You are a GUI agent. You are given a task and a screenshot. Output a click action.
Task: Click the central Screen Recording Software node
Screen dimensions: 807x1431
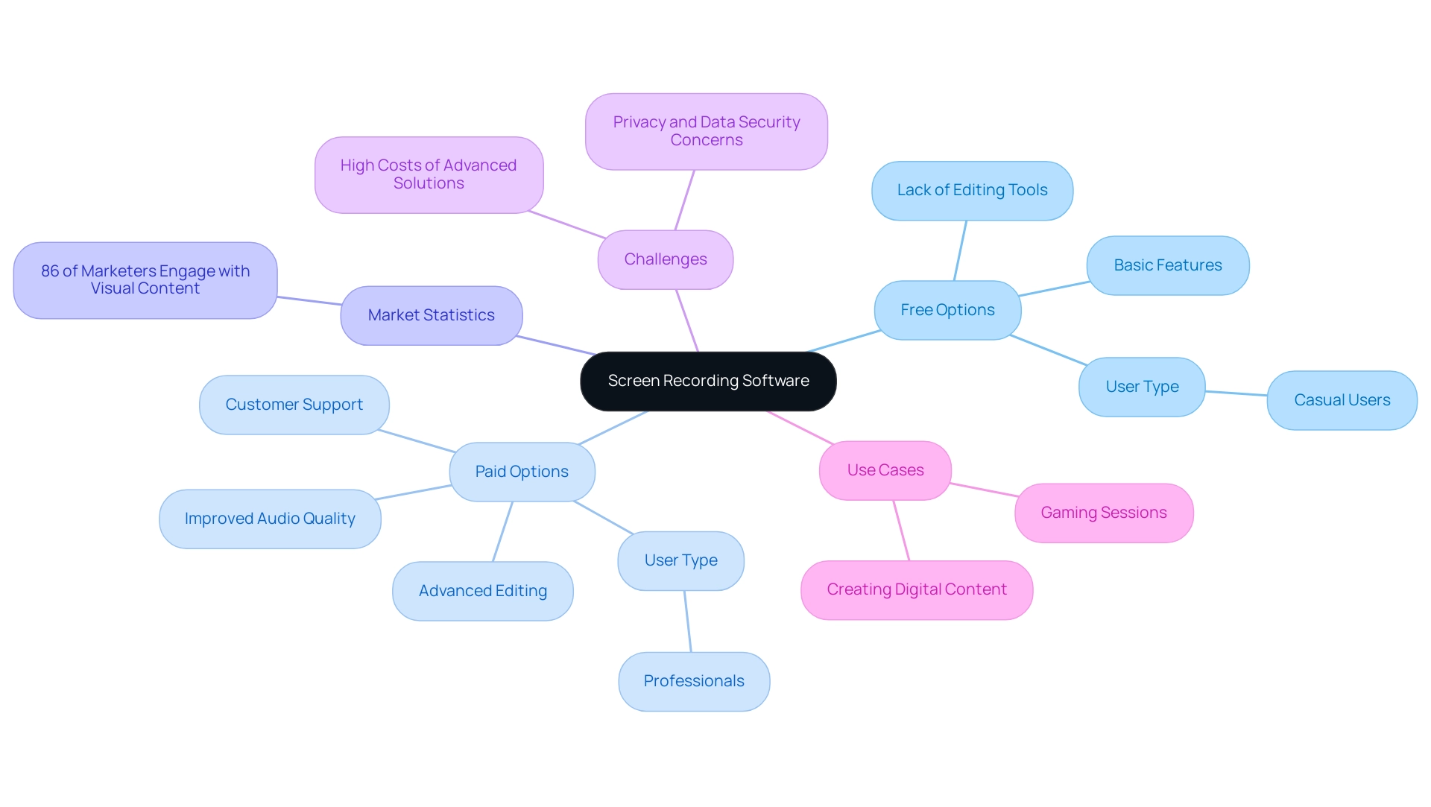click(708, 381)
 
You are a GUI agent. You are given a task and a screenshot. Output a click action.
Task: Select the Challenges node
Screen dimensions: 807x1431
click(666, 259)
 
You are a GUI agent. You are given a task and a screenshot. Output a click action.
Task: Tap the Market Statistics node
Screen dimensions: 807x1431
click(431, 315)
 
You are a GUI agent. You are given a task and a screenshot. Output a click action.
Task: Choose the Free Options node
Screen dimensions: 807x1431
click(947, 310)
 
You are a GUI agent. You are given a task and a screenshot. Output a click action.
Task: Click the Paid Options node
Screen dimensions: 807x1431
click(522, 472)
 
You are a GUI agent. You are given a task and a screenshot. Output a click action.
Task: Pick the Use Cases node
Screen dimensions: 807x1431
click(885, 470)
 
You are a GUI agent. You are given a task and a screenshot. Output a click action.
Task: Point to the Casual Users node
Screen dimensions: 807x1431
click(1342, 400)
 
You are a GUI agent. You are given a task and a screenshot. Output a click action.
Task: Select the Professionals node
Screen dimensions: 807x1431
click(694, 681)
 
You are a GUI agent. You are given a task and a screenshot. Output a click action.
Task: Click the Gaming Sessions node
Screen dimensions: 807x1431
click(1103, 513)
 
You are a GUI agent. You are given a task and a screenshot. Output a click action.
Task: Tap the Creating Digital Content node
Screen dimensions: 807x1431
click(916, 589)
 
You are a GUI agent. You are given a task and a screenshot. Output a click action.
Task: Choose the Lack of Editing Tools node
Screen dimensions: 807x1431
click(972, 190)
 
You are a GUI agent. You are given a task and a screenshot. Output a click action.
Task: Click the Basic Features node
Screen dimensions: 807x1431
click(1167, 265)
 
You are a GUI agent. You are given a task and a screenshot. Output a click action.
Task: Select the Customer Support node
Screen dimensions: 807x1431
click(294, 405)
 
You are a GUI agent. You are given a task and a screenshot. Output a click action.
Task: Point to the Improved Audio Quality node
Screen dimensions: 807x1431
click(270, 519)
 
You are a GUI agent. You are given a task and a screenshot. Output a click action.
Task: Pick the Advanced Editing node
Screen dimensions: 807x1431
click(482, 591)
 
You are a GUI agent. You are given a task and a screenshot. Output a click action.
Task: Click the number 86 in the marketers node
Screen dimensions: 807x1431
click(49, 271)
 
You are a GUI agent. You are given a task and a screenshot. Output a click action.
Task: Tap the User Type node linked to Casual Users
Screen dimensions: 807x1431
click(1142, 387)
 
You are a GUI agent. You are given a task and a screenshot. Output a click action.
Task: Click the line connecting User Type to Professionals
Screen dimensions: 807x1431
click(688, 621)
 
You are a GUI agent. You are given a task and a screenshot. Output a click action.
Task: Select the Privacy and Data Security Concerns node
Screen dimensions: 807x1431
click(706, 131)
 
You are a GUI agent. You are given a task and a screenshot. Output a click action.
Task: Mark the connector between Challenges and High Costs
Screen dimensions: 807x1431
click(566, 225)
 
